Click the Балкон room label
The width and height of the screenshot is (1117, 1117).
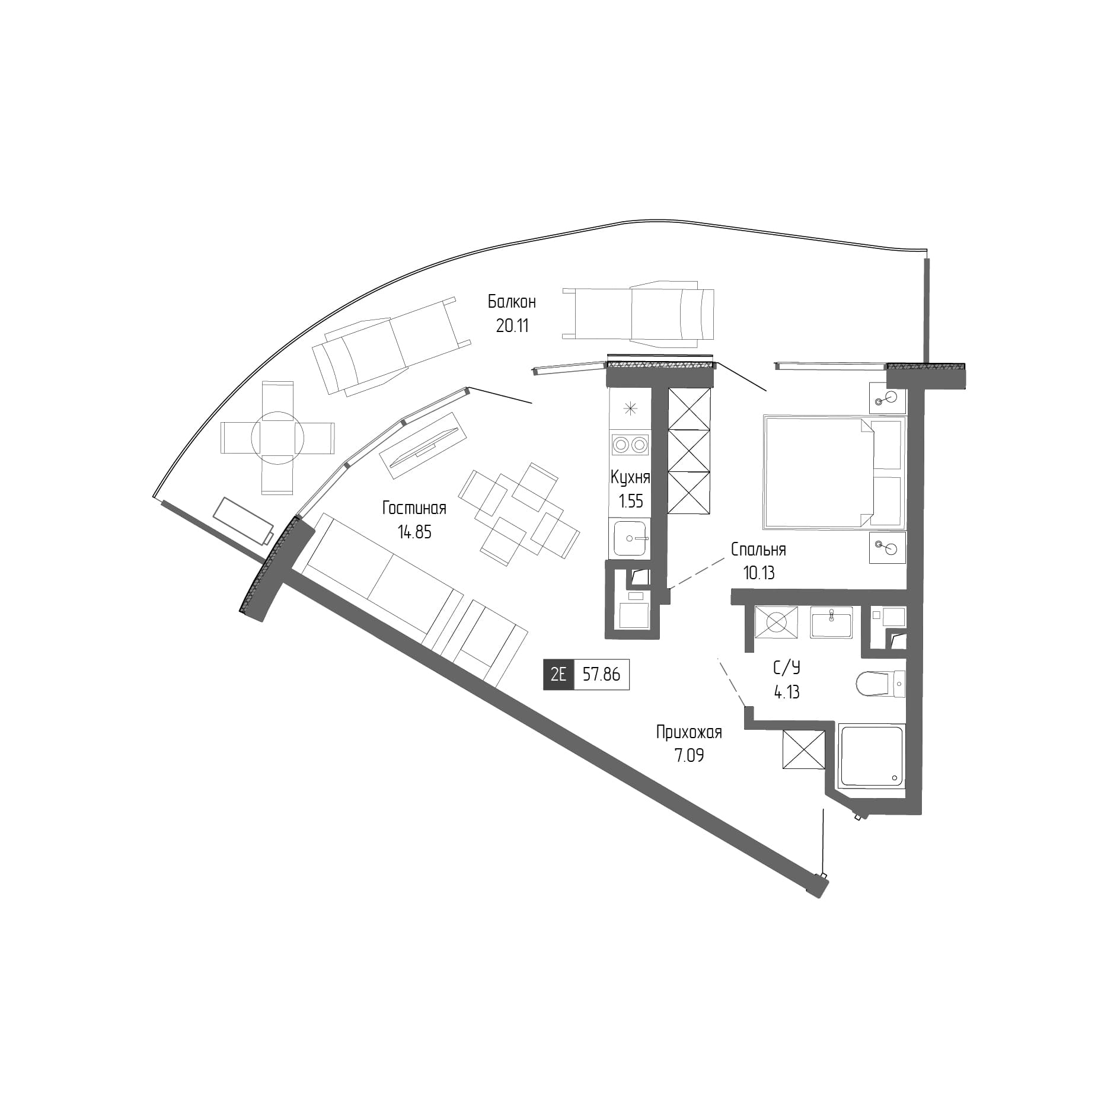coord(512,302)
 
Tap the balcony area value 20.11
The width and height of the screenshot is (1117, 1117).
coord(512,325)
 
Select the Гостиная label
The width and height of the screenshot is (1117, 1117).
coord(414,508)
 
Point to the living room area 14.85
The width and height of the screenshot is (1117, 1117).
coord(414,532)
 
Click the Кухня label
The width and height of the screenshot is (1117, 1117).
coord(630,477)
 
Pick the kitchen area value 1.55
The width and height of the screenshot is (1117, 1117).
coord(630,502)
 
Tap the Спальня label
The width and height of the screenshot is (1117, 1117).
coord(758,550)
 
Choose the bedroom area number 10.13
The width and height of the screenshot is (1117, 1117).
coord(758,573)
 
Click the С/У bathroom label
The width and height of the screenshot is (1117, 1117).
coord(786,668)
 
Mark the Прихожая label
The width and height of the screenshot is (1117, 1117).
coord(688,732)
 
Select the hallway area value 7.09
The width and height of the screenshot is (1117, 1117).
coord(688,756)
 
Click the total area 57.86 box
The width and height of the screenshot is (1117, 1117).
coord(601,675)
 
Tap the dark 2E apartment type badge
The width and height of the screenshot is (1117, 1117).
coord(558,675)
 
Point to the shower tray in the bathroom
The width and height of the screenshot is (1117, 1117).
coord(872,755)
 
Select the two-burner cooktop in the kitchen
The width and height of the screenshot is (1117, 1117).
coord(630,444)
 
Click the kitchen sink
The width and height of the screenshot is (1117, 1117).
coord(630,538)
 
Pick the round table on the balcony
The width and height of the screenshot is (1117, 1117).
coord(277,438)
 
